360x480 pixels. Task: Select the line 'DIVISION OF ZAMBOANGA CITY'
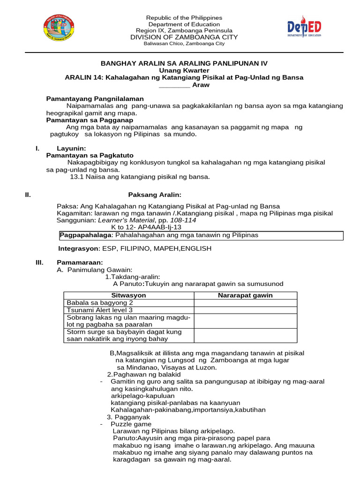[184, 37]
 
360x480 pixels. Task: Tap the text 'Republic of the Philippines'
[184, 18]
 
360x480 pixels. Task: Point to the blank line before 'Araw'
[174, 86]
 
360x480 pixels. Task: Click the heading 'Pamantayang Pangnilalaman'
[95, 99]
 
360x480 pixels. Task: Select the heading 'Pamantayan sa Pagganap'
[90, 120]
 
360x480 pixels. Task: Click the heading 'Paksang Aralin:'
[155, 195]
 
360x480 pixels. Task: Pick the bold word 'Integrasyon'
[78, 248]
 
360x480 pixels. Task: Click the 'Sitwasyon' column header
[128, 295]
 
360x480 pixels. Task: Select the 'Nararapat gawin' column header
[245, 295]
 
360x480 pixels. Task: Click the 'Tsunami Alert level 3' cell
[99, 310]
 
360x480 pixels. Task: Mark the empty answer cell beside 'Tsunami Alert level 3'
[245, 310]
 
